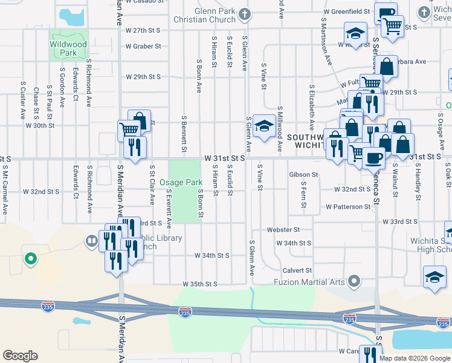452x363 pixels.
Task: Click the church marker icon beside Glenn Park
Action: tap(244, 13)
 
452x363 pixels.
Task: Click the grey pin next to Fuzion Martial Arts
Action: tap(355, 281)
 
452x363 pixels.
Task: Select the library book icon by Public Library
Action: tap(92, 242)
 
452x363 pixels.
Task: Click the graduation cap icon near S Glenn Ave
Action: tap(263, 126)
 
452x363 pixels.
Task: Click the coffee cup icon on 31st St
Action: tap(373, 157)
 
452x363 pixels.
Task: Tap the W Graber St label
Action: tap(143, 46)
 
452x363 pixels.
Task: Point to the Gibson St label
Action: tap(303, 174)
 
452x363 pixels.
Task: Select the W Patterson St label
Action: tap(347, 207)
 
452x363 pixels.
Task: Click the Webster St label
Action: tap(283, 230)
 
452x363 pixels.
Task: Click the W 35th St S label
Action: tap(199, 284)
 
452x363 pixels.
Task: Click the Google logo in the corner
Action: tap(21, 356)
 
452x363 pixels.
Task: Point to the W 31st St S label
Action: tap(224, 157)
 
